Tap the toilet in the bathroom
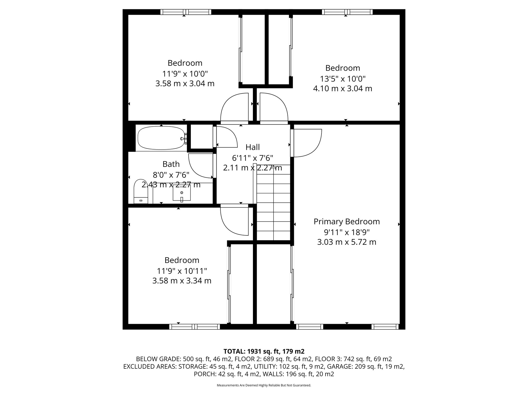click(x=141, y=192)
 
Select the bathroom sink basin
click(x=181, y=193)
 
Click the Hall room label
click(x=252, y=147)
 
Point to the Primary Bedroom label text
click(x=346, y=222)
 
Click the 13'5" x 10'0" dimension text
click(x=343, y=78)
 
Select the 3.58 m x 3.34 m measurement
click(x=182, y=281)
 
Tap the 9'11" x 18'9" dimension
click(x=346, y=232)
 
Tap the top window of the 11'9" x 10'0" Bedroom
click(x=186, y=12)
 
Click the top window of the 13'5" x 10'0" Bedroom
click(x=347, y=12)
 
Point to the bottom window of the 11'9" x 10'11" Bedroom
click(x=194, y=327)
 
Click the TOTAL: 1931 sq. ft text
click(x=264, y=351)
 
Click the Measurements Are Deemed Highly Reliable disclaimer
click(x=264, y=385)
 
